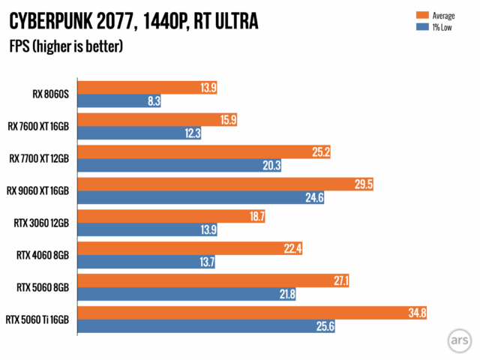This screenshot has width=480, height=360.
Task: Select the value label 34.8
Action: pos(416,313)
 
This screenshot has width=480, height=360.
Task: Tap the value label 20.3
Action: pos(271,166)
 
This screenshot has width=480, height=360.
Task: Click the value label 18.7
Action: pos(254,217)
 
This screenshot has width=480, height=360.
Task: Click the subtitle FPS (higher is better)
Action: pos(66,46)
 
